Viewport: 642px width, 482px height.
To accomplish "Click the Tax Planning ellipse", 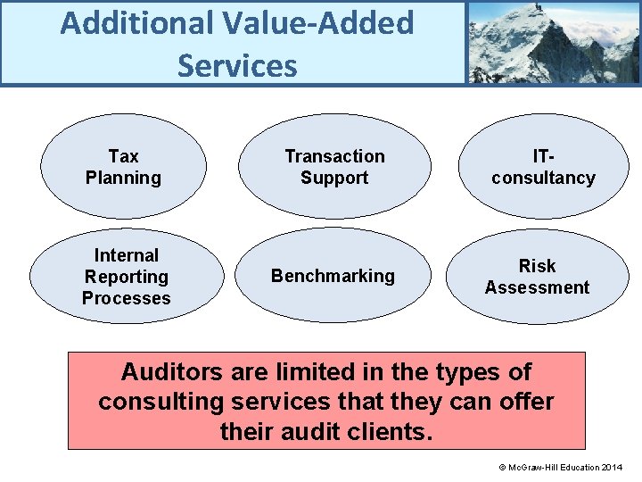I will pyautogui.click(x=123, y=166).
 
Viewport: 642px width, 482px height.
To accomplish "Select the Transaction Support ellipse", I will pyautogui.click(x=334, y=166).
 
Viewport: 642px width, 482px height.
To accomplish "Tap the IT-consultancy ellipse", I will pyautogui.click(x=543, y=166).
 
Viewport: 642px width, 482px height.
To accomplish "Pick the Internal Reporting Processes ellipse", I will pyautogui.click(x=126, y=277).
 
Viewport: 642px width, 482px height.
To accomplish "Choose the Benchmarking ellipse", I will pyautogui.click(x=333, y=276).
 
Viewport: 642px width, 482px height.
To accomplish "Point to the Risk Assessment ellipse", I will pyautogui.click(x=537, y=277).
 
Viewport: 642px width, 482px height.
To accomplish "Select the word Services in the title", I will pyautogui.click(x=237, y=65).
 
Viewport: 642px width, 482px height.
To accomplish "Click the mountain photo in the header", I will pyautogui.click(x=553, y=42).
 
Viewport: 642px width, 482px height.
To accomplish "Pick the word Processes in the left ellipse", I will pyautogui.click(x=126, y=298).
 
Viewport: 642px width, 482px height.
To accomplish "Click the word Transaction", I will pyautogui.click(x=334, y=156).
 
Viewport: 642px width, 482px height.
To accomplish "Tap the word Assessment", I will pyautogui.click(x=537, y=287).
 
